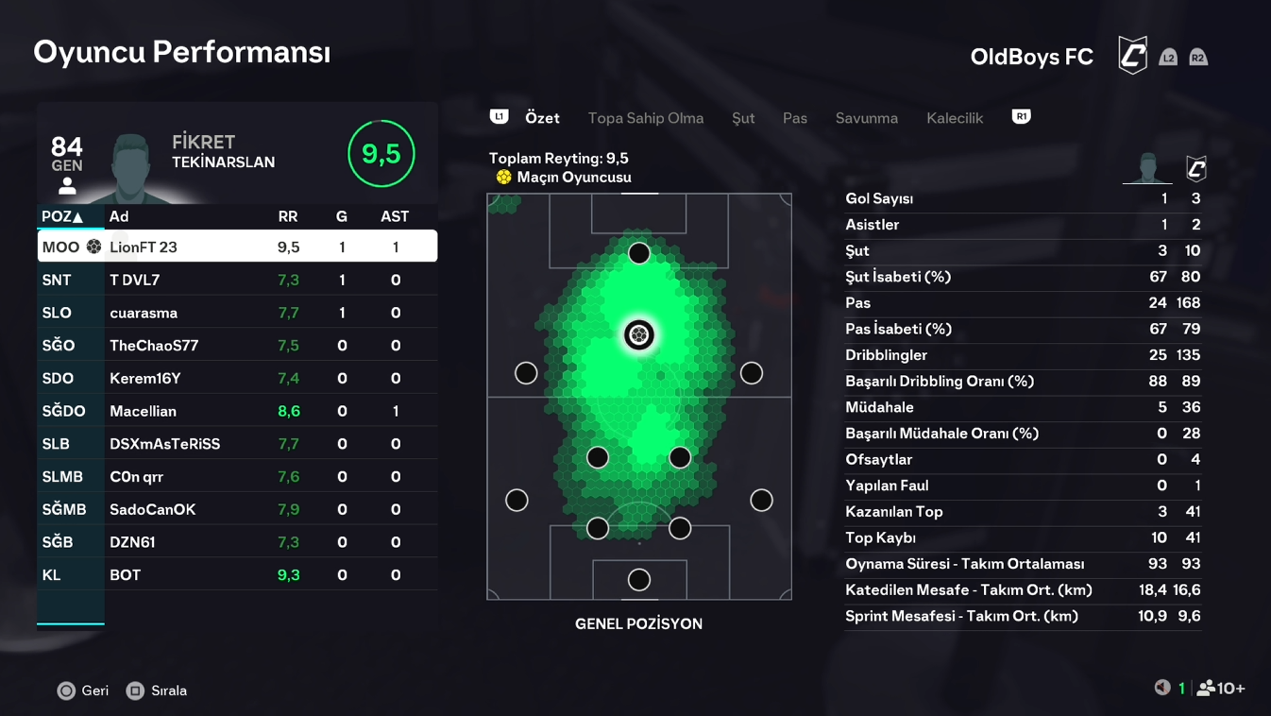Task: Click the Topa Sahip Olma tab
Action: pyautogui.click(x=645, y=118)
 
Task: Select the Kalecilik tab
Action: pyautogui.click(x=955, y=118)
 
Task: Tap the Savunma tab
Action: pyautogui.click(x=866, y=118)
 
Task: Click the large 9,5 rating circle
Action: pyautogui.click(x=381, y=154)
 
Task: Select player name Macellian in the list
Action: pyautogui.click(x=143, y=411)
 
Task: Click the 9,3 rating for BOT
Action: pyautogui.click(x=288, y=575)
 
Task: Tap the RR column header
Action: pyautogui.click(x=288, y=216)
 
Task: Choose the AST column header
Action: pyautogui.click(x=395, y=216)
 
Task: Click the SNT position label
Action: pyautogui.click(x=57, y=280)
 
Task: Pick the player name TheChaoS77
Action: pyautogui.click(x=154, y=346)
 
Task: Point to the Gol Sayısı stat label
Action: pyautogui.click(x=879, y=198)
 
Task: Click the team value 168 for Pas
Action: pyautogui.click(x=1188, y=303)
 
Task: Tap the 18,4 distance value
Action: pyautogui.click(x=1153, y=590)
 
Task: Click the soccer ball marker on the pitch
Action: pyautogui.click(x=639, y=334)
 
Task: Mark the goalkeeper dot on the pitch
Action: pyautogui.click(x=639, y=579)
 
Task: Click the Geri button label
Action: pyautogui.click(x=94, y=690)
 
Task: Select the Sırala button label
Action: pyautogui.click(x=169, y=690)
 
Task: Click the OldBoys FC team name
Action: pyautogui.click(x=1031, y=57)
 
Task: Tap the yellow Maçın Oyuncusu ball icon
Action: pyautogui.click(x=504, y=178)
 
